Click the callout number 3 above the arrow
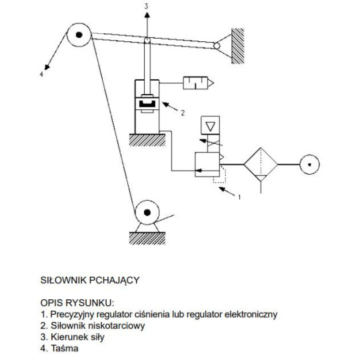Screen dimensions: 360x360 (x=146, y=7)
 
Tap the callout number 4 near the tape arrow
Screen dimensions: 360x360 (x=41, y=75)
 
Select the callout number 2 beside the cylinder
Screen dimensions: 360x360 (x=183, y=113)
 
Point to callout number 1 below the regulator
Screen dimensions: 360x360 (x=239, y=197)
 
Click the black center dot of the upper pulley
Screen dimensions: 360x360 (x=79, y=35)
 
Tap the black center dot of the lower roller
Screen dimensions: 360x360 (x=147, y=213)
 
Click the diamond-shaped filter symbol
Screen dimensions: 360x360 (x=261, y=165)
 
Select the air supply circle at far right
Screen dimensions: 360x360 (x=309, y=165)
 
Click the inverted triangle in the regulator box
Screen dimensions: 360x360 (x=210, y=126)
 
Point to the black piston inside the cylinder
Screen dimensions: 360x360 (x=147, y=104)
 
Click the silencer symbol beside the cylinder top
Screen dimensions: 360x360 (x=198, y=83)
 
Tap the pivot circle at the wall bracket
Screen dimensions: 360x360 (x=217, y=46)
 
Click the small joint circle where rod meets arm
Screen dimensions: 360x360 (x=147, y=41)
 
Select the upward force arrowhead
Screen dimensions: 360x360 (x=147, y=15)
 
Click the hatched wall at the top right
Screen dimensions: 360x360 (x=237, y=46)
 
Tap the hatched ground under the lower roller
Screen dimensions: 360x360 (x=147, y=238)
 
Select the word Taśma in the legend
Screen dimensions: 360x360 (x=65, y=348)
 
